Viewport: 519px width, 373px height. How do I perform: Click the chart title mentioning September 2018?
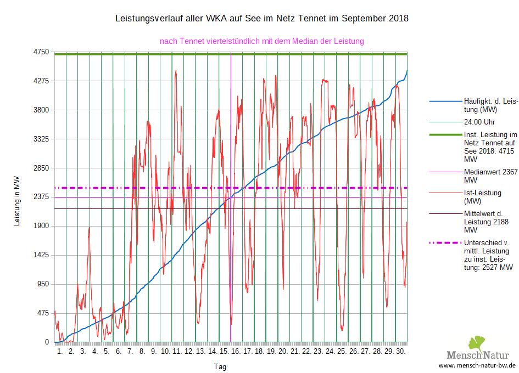click(261, 19)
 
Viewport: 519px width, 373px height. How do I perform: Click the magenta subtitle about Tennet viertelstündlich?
click(262, 41)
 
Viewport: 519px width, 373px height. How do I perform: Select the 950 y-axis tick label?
click(43, 284)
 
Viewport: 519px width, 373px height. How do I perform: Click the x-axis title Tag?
click(220, 366)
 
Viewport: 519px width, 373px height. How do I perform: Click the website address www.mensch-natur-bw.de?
click(477, 365)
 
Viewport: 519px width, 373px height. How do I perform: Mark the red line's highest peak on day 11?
click(176, 70)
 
